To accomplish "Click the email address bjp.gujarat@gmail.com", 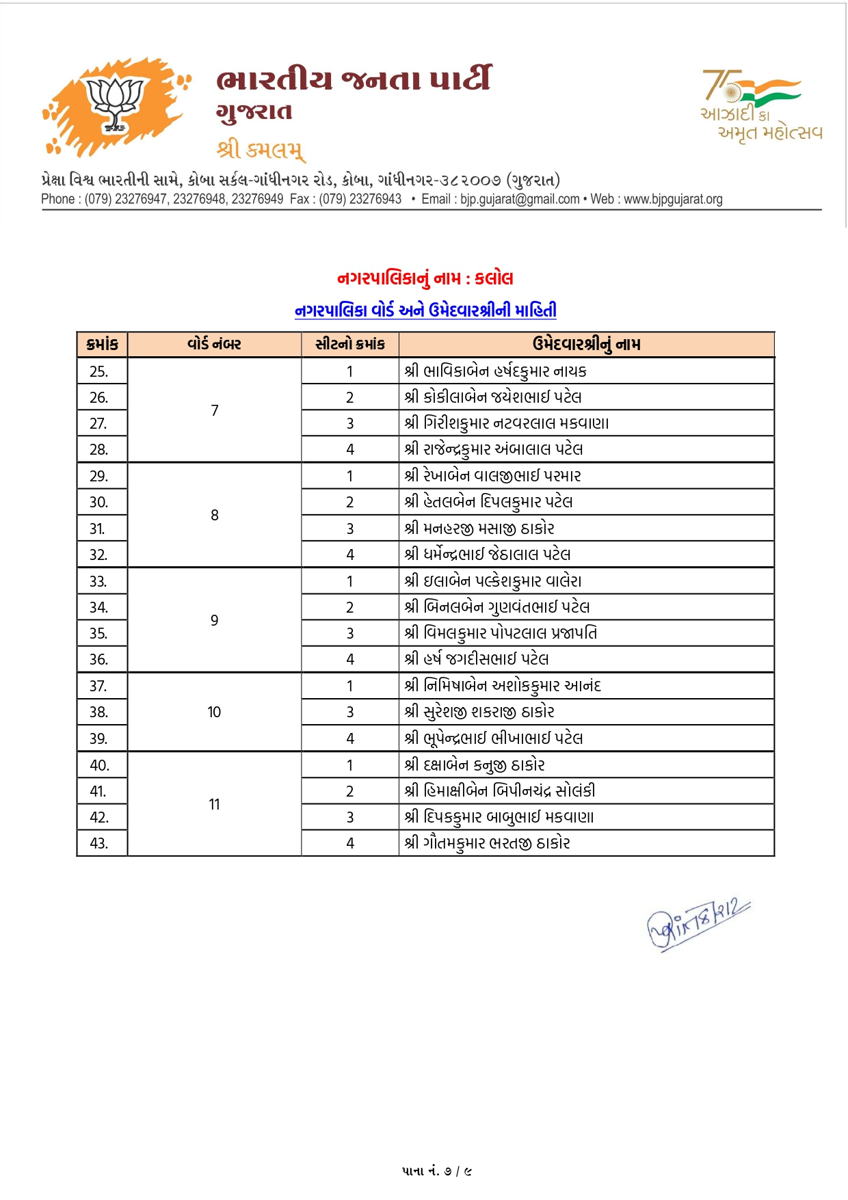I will point(520,199).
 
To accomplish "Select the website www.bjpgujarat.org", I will point(673,199).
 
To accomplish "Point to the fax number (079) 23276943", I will point(360,199).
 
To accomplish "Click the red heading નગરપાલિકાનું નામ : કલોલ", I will point(425,278).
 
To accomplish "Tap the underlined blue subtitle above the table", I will point(425,310).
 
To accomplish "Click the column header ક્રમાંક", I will point(102,345).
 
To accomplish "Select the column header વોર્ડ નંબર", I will point(214,345).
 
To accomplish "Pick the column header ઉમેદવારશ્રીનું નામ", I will point(586,345).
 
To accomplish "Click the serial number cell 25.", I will point(99,371).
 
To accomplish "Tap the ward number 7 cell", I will point(214,410).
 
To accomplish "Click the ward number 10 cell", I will point(214,712).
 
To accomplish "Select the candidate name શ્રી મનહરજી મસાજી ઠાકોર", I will point(479,529).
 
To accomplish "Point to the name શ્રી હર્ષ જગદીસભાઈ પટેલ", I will point(477,659).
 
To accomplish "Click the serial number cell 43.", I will point(99,844).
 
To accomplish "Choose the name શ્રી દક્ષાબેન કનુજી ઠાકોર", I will point(475,765).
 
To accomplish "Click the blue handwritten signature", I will point(698,924).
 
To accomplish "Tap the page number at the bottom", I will point(437,1171).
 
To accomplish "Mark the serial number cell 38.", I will point(99,712).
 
